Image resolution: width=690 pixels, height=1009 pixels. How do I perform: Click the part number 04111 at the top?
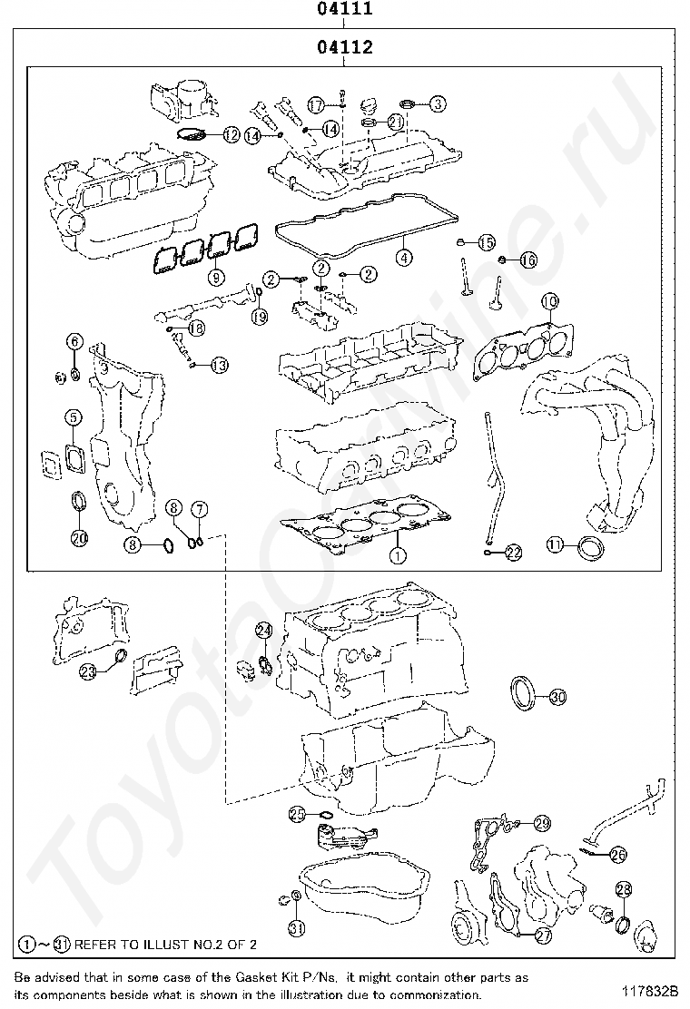point(344,10)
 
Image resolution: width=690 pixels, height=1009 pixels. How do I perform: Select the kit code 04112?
point(344,47)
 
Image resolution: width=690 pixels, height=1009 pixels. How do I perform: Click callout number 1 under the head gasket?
point(397,552)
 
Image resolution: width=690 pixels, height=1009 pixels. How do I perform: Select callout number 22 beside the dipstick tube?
point(513,551)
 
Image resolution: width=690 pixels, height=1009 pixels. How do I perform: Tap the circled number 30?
point(557,697)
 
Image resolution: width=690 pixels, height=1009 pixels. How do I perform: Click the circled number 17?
point(315,105)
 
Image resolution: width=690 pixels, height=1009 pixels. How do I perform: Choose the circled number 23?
point(88,671)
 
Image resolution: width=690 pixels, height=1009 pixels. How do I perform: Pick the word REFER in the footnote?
point(95,945)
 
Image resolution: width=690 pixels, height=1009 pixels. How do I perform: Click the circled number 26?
point(617,854)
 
